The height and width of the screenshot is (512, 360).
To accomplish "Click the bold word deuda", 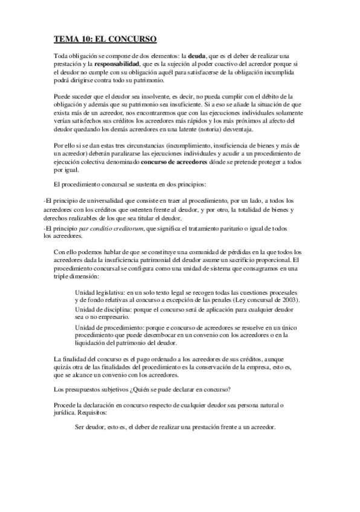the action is (x=198, y=56).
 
